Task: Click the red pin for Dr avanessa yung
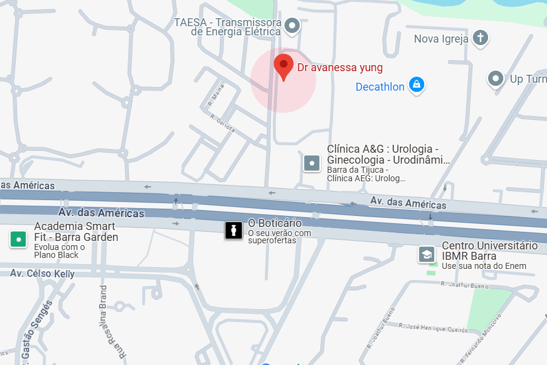coord(283,66)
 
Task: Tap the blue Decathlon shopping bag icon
coord(416,85)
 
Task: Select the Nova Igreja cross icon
coord(481,38)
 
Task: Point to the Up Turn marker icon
coord(496,79)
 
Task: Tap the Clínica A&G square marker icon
coord(311,163)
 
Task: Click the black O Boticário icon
coord(233,230)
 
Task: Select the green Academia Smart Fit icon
coord(19,239)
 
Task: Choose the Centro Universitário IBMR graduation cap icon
coord(427,254)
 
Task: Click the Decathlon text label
coord(380,87)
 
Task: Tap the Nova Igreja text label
coord(441,40)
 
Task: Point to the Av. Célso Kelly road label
coord(42,274)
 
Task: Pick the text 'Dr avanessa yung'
coord(340,68)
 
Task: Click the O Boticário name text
coord(275,223)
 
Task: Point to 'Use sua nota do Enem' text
coord(484,266)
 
